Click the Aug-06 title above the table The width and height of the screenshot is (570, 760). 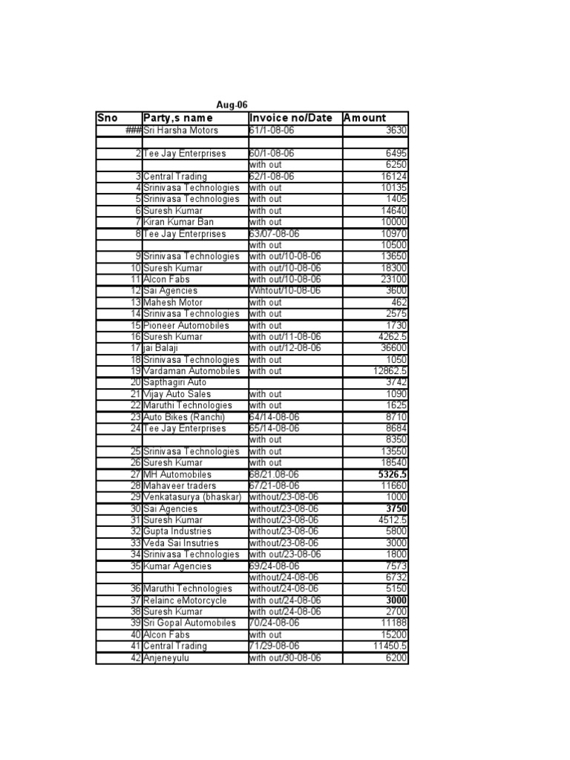(232, 106)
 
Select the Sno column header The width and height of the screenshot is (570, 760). (108, 118)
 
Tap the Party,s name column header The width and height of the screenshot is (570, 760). (178, 118)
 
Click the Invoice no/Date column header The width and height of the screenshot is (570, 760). (291, 118)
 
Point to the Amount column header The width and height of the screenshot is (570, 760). (364, 118)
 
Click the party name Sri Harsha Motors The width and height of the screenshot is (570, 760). (181, 131)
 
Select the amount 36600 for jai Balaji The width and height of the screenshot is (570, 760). (392, 348)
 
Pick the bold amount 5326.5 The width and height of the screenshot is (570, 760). (392, 474)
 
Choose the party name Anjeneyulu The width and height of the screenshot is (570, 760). (170, 658)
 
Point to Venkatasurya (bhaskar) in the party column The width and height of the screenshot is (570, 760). (193, 497)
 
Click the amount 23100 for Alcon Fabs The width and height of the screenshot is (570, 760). (392, 279)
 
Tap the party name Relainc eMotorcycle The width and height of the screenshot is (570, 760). (186, 600)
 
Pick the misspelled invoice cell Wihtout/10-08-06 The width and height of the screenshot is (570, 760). (285, 291)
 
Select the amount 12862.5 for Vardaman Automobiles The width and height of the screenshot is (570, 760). (390, 371)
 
